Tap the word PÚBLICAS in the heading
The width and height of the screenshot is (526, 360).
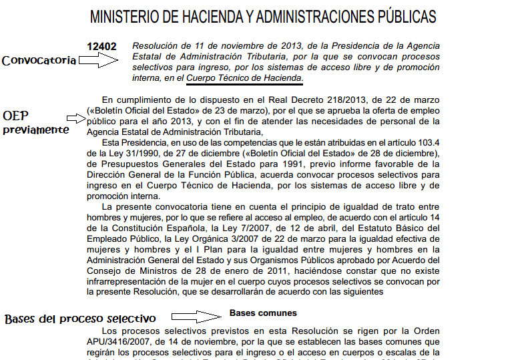[403, 16]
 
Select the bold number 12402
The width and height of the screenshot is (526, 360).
[102, 47]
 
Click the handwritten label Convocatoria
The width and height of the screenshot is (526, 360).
[39, 61]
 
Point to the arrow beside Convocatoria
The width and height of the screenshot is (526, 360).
[97, 61]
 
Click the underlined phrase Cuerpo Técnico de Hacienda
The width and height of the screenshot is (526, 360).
[244, 79]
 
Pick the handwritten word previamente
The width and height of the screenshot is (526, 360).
[36, 130]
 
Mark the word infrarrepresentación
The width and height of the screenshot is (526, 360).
[131, 282]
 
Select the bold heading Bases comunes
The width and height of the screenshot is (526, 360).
[263, 313]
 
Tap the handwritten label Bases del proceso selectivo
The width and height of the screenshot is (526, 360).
[80, 319]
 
